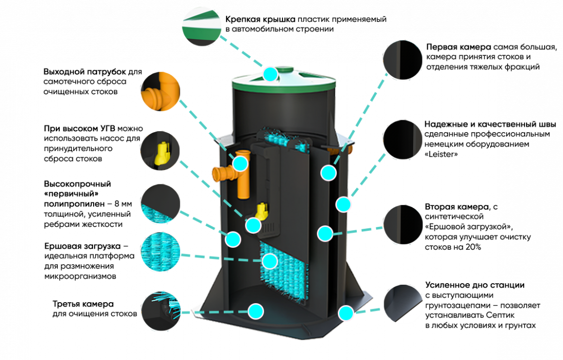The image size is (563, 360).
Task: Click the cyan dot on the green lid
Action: point(271,74)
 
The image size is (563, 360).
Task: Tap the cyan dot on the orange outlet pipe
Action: point(241,163)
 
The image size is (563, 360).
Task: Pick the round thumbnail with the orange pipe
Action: point(160,90)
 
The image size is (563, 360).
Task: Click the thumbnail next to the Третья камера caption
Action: point(160,310)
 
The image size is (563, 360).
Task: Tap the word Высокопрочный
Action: point(70,184)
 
